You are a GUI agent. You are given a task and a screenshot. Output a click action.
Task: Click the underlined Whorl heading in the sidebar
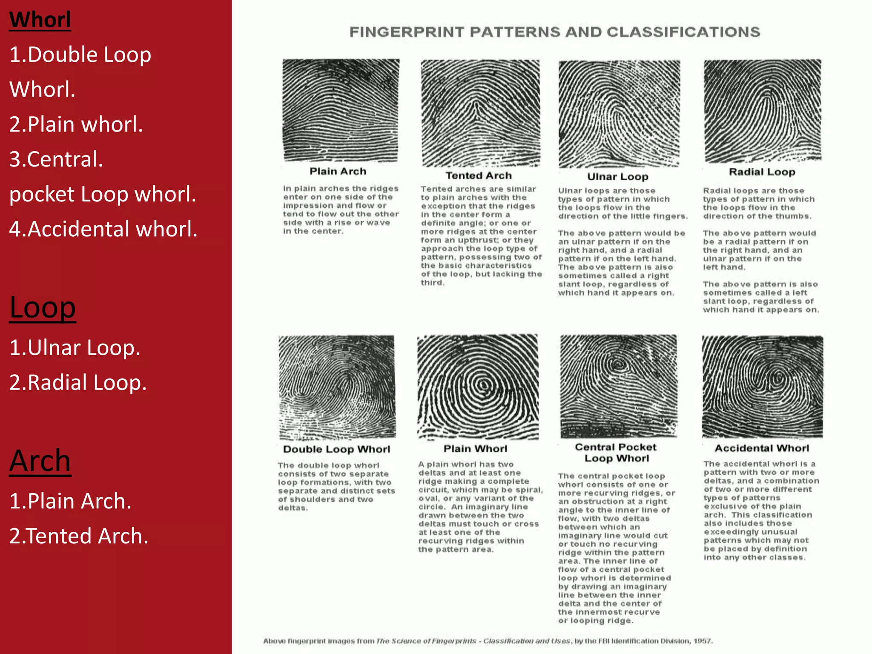[40, 20]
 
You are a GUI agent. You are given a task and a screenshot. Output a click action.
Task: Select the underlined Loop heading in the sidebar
[43, 307]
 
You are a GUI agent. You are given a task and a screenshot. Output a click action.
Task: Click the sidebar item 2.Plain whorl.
[76, 125]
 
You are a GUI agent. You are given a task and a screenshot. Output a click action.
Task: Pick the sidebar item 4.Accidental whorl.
[103, 229]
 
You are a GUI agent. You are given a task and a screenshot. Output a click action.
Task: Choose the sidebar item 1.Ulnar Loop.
[75, 348]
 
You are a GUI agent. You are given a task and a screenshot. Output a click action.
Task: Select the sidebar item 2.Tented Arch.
[79, 536]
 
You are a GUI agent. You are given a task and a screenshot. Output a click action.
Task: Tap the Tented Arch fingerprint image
[480, 113]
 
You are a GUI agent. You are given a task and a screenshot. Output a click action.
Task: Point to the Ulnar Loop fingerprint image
[619, 114]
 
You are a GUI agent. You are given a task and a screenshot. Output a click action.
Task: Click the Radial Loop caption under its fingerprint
[762, 172]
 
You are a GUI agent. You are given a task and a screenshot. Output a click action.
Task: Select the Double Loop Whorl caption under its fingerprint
[336, 450]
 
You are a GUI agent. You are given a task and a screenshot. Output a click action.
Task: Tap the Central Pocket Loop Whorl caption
[616, 453]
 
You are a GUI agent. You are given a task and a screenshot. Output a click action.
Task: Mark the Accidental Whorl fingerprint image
[762, 386]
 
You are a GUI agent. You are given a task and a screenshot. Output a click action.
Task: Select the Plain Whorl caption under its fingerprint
[475, 449]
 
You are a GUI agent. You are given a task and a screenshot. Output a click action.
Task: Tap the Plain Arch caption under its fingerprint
[338, 172]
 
